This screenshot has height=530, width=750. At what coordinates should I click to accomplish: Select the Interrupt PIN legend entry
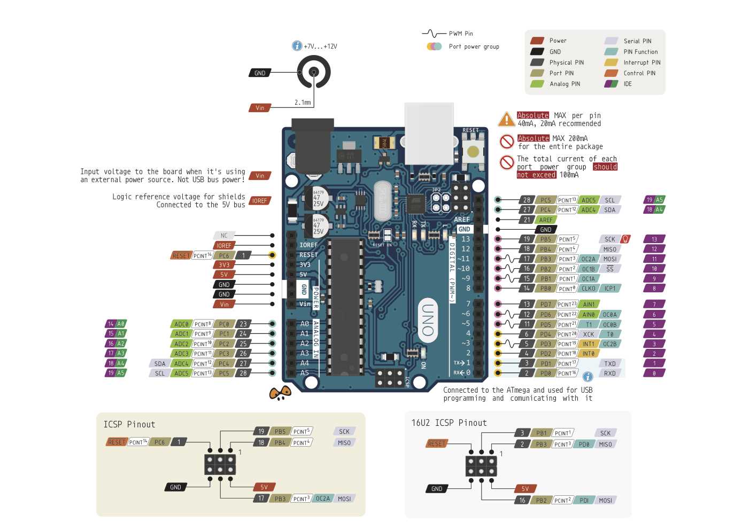tap(641, 63)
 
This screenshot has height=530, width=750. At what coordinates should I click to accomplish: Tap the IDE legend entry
tap(627, 84)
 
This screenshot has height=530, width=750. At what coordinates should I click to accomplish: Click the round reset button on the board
tap(473, 152)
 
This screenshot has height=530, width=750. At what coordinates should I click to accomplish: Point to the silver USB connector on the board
tap(429, 134)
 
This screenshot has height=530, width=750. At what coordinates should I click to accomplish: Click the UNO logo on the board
tap(428, 320)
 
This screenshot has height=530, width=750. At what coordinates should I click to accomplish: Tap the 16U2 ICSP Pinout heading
tap(449, 423)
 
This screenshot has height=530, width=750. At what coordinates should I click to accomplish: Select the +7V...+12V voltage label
tap(320, 46)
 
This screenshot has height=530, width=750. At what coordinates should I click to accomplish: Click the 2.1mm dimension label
tap(303, 102)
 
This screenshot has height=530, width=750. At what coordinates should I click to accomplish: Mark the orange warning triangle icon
tap(506, 119)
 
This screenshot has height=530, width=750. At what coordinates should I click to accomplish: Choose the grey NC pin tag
tap(224, 236)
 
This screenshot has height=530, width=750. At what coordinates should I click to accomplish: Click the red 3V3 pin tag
tap(224, 265)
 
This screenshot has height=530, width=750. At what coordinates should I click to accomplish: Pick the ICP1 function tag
tap(610, 289)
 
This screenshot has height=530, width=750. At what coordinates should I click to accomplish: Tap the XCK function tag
tap(589, 334)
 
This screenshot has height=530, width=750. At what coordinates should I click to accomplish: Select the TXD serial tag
tap(610, 364)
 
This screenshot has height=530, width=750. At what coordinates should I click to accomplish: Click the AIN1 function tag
tap(589, 305)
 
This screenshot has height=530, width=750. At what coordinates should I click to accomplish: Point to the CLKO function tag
tap(589, 289)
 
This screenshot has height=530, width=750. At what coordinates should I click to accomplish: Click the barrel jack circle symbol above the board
tap(314, 72)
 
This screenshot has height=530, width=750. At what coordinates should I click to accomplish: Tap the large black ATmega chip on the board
tap(346, 307)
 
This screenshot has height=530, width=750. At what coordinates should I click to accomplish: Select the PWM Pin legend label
tap(461, 34)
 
